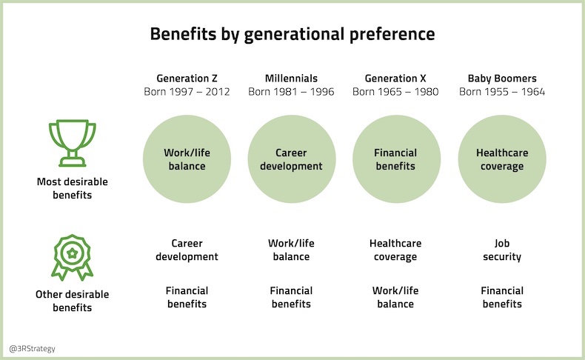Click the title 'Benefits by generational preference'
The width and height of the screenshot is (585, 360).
click(x=292, y=34)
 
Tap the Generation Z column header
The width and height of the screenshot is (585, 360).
click(x=187, y=78)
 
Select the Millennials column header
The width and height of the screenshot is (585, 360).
click(x=291, y=78)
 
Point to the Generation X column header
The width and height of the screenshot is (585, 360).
click(x=395, y=78)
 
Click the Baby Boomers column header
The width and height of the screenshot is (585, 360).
click(x=502, y=78)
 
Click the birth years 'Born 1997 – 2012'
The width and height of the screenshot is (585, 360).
click(x=187, y=92)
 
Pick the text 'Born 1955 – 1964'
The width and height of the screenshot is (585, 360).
click(x=502, y=92)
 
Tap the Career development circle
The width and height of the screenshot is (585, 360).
click(x=291, y=160)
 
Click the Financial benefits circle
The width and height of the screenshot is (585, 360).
click(x=395, y=160)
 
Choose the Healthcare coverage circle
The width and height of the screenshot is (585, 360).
click(x=502, y=160)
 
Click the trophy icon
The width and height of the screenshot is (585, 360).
click(x=73, y=143)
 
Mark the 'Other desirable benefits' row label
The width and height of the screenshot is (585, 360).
click(x=73, y=300)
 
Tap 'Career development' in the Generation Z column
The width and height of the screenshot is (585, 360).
click(x=187, y=250)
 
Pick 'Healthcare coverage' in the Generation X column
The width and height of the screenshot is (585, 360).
click(x=395, y=250)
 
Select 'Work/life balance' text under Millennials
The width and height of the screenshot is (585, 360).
click(x=291, y=250)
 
